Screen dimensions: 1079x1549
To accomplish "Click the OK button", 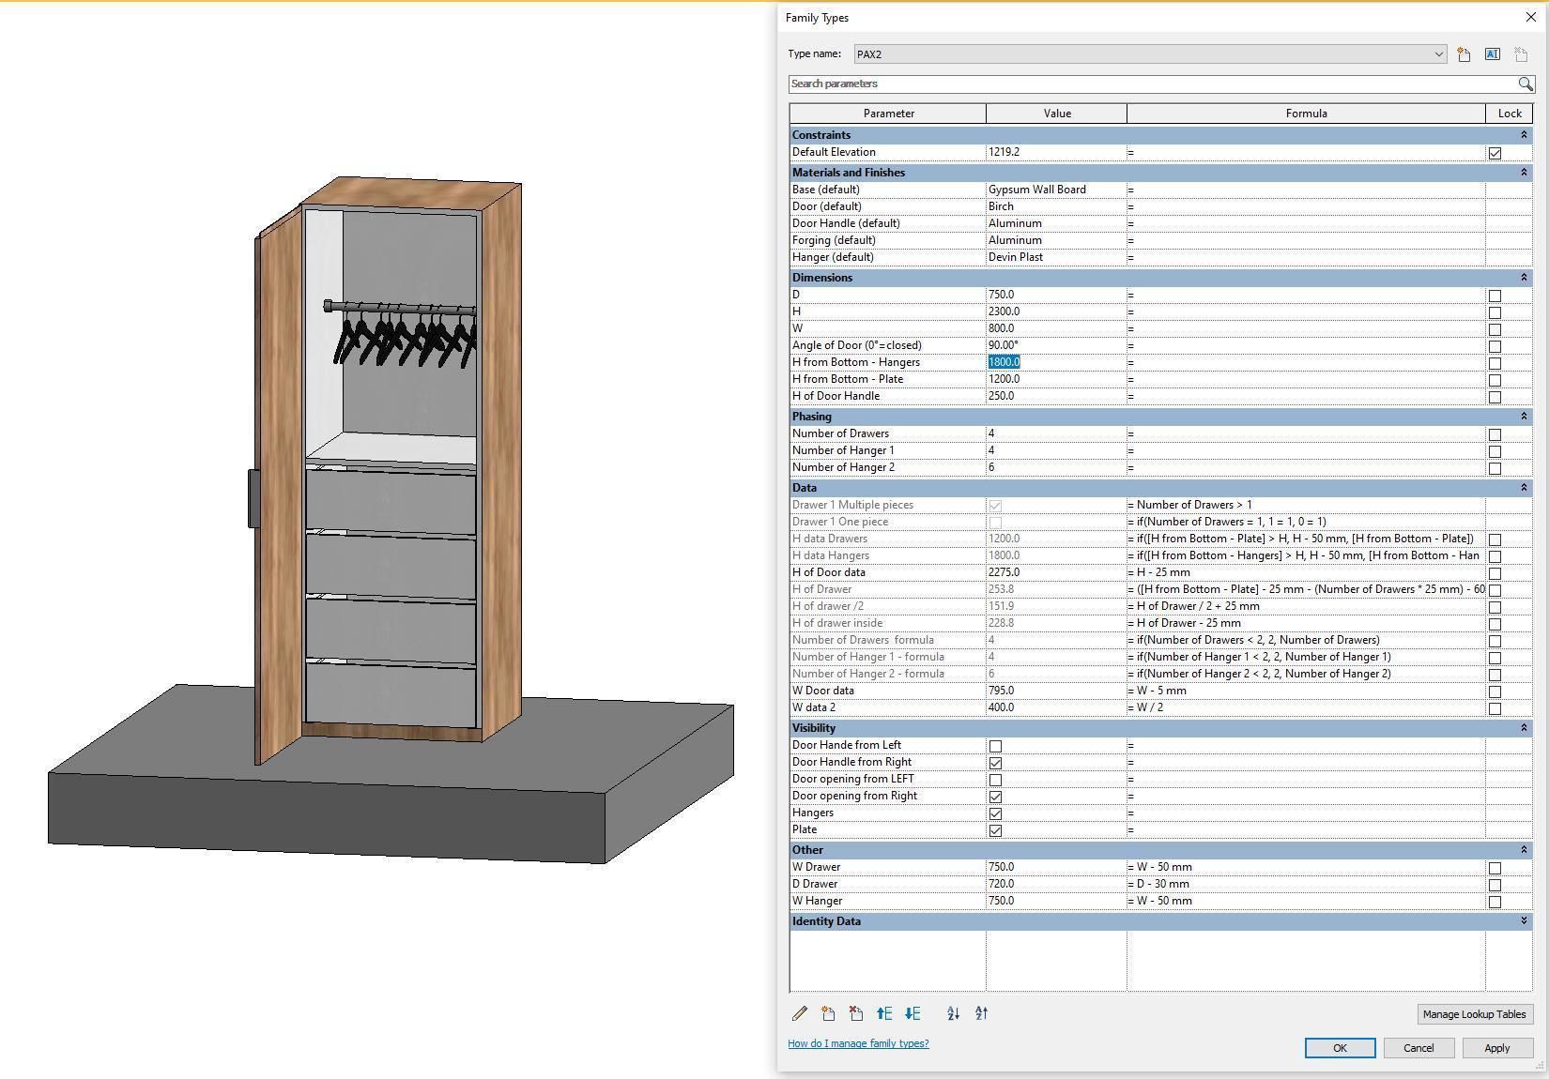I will pyautogui.click(x=1340, y=1048).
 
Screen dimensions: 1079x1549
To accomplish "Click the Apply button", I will pyautogui.click(x=1496, y=1048).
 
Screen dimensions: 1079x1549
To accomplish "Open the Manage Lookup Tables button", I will pyautogui.click(x=1474, y=1014).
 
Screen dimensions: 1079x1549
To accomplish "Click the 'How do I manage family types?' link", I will pyautogui.click(x=858, y=1043).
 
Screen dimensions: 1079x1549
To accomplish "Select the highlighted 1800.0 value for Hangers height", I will pyautogui.click(x=1005, y=362).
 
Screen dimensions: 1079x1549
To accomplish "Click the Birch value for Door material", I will pyautogui.click(x=1002, y=206).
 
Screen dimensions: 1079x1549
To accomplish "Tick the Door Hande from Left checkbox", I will pyautogui.click(x=995, y=746).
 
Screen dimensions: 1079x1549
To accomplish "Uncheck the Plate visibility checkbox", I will pyautogui.click(x=995, y=830).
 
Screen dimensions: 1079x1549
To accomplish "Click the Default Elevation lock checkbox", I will pyautogui.click(x=1495, y=153).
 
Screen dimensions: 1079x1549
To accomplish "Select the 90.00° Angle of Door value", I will pyautogui.click(x=1004, y=345).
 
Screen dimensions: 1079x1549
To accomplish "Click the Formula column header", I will pyautogui.click(x=1306, y=114).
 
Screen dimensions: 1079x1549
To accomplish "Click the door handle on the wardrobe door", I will pyautogui.click(x=253, y=497).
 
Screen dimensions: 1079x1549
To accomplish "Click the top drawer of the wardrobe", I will pyautogui.click(x=390, y=501).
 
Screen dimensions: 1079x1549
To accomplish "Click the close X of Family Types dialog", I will pyautogui.click(x=1531, y=18).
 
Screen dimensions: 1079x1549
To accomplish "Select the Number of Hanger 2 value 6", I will pyautogui.click(x=991, y=467).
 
